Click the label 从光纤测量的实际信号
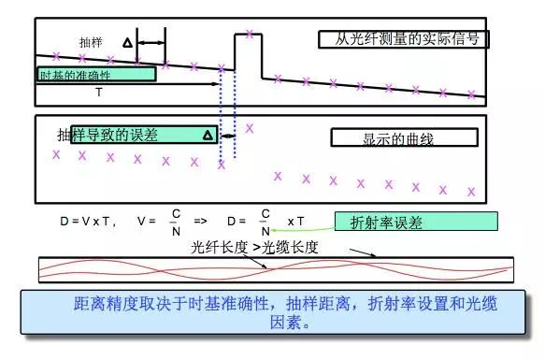pyautogui.click(x=404, y=39)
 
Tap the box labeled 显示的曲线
pyautogui.click(x=404, y=138)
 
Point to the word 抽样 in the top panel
pyautogui.click(x=91, y=43)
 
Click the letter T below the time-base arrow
pyautogui.click(x=99, y=93)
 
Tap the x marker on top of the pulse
pyautogui.click(x=249, y=36)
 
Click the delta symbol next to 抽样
pyautogui.click(x=127, y=43)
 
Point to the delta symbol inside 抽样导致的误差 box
pyautogui.click(x=207, y=136)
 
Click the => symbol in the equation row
pyautogui.click(x=200, y=222)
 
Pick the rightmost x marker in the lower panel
pyautogui.click(x=471, y=192)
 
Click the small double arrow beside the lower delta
pyautogui.click(x=227, y=137)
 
